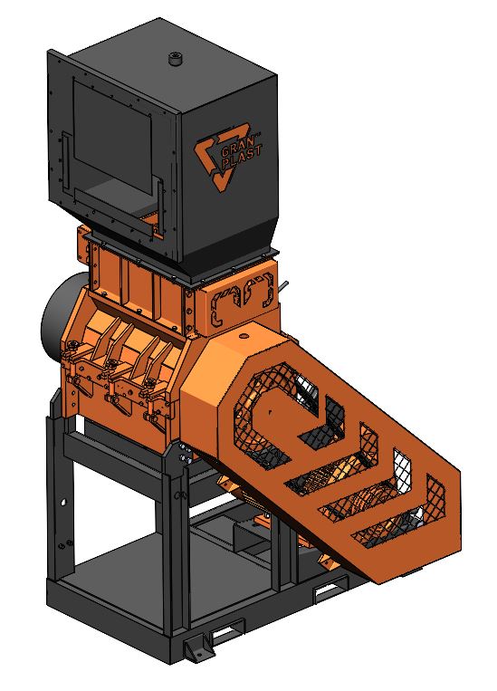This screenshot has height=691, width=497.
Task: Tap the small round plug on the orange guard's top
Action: pos(244,336)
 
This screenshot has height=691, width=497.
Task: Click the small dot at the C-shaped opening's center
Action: pos(271,412)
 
